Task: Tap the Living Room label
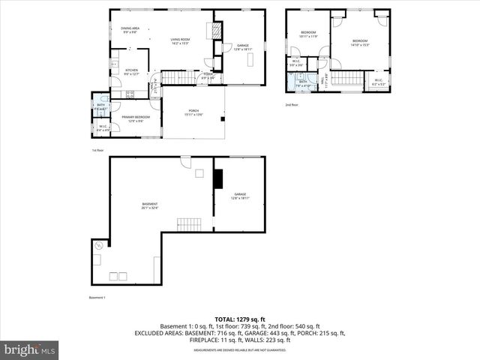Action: pos(180,41)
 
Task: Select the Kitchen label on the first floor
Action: pos(132,72)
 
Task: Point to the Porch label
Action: pos(194,113)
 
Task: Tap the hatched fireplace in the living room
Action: pos(214,31)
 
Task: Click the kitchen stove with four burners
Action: pos(130,94)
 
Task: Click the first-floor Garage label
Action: pos(242,46)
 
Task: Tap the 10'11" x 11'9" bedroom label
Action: pos(309,34)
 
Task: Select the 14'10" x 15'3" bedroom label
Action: pos(360,43)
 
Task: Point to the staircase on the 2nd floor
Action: pos(346,78)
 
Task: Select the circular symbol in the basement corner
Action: pos(97,245)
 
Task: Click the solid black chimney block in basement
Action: pos(218,180)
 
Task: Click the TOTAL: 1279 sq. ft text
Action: pos(240,319)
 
